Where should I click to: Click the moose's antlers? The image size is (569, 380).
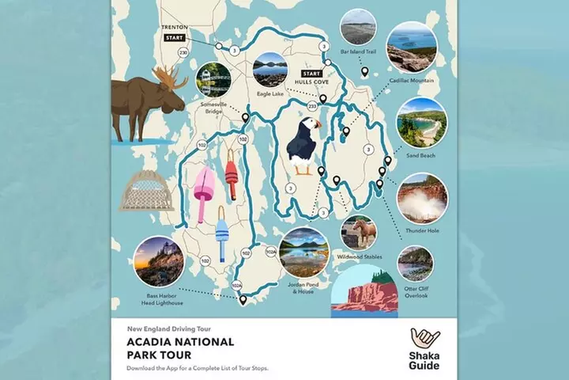[169, 76]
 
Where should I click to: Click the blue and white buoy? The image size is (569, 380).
[222, 234]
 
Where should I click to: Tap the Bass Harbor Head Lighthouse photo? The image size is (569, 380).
[159, 261]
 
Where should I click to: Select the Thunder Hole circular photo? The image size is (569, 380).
[422, 198]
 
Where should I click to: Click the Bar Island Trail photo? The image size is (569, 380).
[358, 28]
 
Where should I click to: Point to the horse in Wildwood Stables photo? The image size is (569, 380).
[360, 232]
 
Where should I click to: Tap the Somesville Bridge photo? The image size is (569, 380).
[213, 79]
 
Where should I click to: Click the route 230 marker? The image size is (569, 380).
[183, 53]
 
